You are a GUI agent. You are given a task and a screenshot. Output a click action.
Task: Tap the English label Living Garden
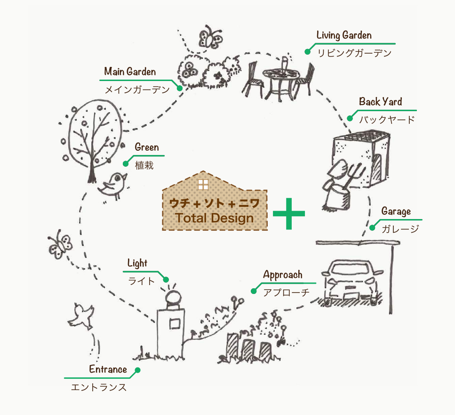pyautogui.click(x=343, y=35)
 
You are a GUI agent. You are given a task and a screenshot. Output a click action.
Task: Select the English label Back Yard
pyautogui.click(x=380, y=102)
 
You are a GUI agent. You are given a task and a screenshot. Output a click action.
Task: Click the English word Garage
pyautogui.click(x=396, y=211)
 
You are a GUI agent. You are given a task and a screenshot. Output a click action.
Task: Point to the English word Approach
pyautogui.click(x=282, y=275)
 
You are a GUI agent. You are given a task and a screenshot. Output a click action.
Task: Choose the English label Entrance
pyautogui.click(x=108, y=369)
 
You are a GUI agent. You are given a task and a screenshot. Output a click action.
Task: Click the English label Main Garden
pyautogui.click(x=130, y=72)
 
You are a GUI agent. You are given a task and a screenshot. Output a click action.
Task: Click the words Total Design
pyautogui.click(x=214, y=218)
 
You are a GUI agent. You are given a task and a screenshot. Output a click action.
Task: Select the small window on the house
pyautogui.click(x=203, y=184)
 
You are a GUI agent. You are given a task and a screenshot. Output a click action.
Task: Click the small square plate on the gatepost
pyautogui.click(x=174, y=324)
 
